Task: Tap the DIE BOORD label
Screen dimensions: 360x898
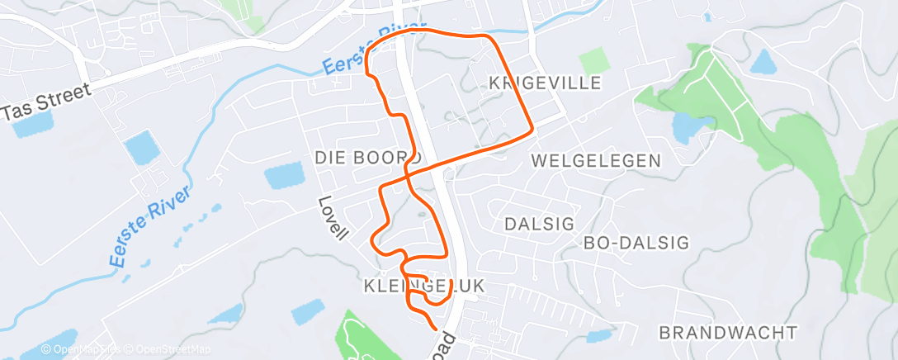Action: [x=367, y=157]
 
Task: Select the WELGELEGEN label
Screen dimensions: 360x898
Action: [x=597, y=160]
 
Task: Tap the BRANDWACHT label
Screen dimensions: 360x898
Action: [x=728, y=333]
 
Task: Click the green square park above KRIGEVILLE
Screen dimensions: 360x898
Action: [x=593, y=61]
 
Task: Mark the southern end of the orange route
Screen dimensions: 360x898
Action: [x=435, y=329]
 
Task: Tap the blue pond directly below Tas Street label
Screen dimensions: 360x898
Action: [x=33, y=124]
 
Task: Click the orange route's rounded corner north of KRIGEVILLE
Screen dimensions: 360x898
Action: [x=489, y=38]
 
